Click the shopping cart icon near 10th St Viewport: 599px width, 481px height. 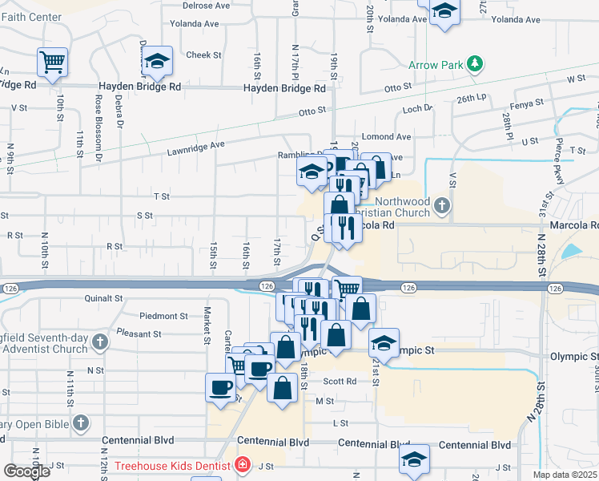pos(52,62)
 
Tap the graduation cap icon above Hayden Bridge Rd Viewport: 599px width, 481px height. pos(159,61)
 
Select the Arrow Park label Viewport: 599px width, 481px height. pos(436,63)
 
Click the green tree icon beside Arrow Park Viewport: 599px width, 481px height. pos(475,63)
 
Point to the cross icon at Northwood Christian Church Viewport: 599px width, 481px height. pos(441,208)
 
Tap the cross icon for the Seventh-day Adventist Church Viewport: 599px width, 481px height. pos(99,343)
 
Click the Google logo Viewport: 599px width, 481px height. pos(26,471)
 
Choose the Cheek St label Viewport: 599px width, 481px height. pos(203,55)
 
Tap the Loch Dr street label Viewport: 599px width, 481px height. pos(417,108)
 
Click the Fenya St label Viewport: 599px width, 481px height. pos(526,103)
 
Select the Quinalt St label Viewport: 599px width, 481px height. pos(103,297)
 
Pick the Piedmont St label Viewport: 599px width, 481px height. pos(163,316)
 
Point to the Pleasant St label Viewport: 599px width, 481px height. pos(139,333)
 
